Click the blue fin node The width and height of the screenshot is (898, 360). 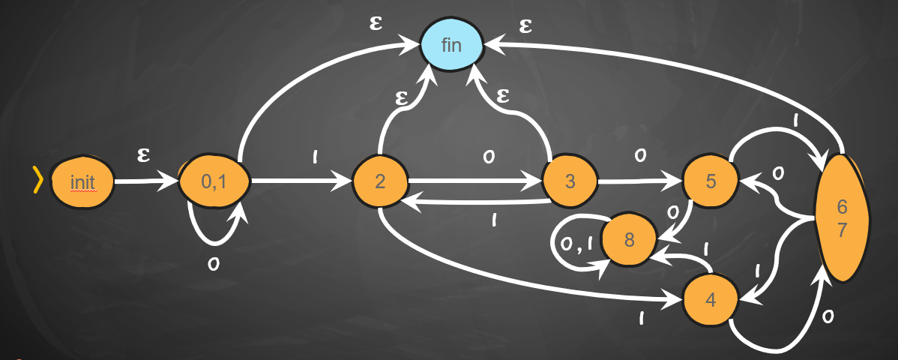coord(451,44)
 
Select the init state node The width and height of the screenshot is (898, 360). coord(82,182)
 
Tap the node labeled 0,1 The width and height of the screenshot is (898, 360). coord(214,182)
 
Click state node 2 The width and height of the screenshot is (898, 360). coord(380,182)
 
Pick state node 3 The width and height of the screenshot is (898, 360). coord(570,182)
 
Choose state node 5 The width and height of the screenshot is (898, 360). coord(709,181)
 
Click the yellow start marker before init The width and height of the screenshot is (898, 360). coord(36,181)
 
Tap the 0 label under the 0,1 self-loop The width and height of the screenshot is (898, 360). coord(214,263)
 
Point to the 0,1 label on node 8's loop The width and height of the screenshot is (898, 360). coord(576,242)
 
